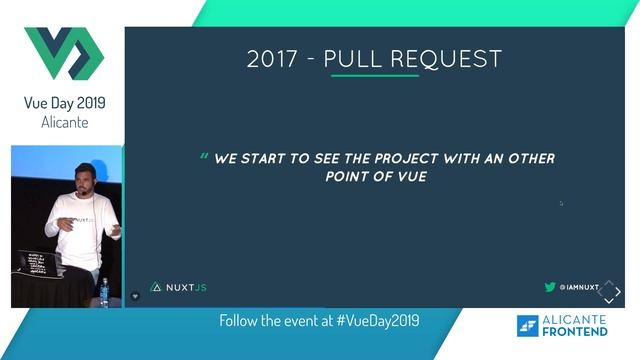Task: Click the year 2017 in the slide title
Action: click(271, 59)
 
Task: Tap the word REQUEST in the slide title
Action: click(456, 59)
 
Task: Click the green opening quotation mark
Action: click(204, 157)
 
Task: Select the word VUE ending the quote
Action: click(410, 177)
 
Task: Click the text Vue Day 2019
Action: click(64, 103)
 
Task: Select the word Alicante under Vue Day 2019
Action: click(64, 122)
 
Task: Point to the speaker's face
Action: click(84, 179)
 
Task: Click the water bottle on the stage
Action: click(104, 290)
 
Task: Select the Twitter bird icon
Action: click(549, 287)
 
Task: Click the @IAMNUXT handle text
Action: click(579, 287)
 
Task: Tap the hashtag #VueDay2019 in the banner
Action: click(378, 321)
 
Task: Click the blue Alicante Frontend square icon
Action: click(527, 325)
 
